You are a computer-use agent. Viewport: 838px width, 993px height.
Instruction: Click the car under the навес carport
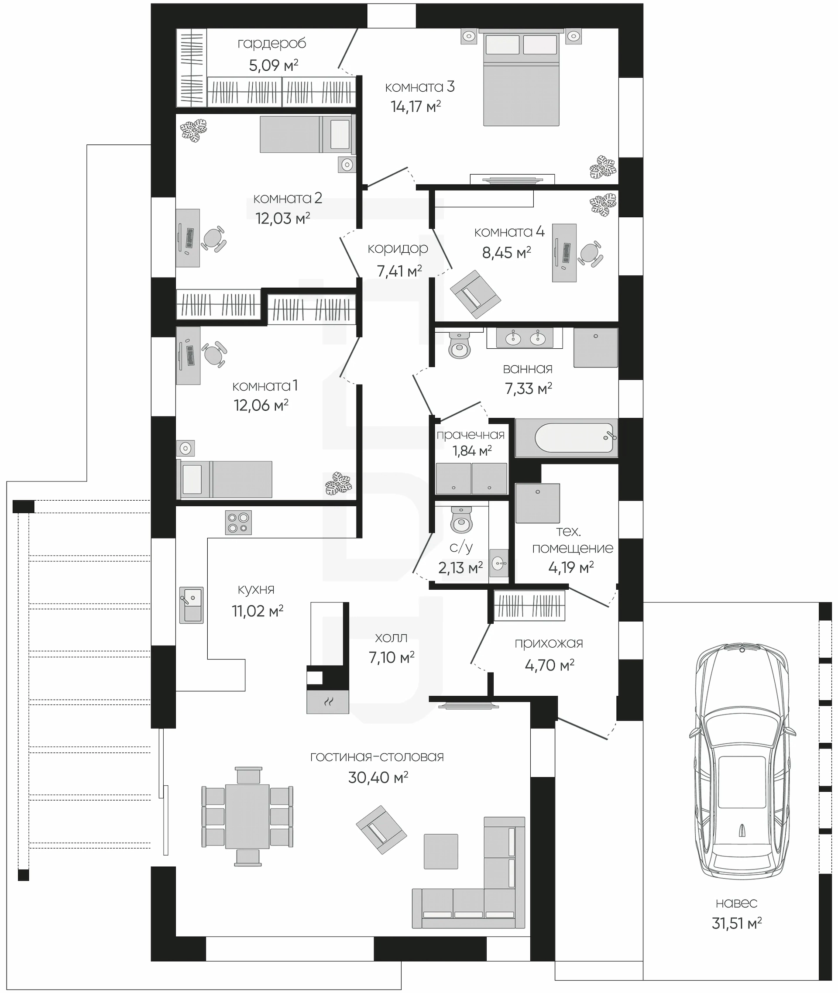pos(742,764)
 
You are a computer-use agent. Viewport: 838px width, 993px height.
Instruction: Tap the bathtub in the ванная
pos(566,438)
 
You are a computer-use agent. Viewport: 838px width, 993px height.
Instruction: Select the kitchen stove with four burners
pos(238,522)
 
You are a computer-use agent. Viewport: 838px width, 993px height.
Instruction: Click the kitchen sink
pos(192,605)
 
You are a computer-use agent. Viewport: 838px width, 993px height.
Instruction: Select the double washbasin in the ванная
pos(525,338)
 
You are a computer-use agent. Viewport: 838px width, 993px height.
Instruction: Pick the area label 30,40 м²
pos(378,777)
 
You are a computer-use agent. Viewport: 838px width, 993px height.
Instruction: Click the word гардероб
pos(272,44)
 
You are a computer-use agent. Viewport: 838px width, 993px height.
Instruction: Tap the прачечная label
pos(471,435)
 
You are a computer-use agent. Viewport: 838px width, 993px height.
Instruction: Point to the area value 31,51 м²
pos(737,923)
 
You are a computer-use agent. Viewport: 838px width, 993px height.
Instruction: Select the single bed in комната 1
pos(224,479)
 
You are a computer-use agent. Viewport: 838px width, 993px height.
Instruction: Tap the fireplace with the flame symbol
pos(328,702)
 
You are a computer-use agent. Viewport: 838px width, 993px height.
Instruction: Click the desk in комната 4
pos(564,253)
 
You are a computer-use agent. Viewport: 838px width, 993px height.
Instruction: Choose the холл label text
pos(391,638)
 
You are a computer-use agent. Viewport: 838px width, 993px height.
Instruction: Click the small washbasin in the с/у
pos(499,564)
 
